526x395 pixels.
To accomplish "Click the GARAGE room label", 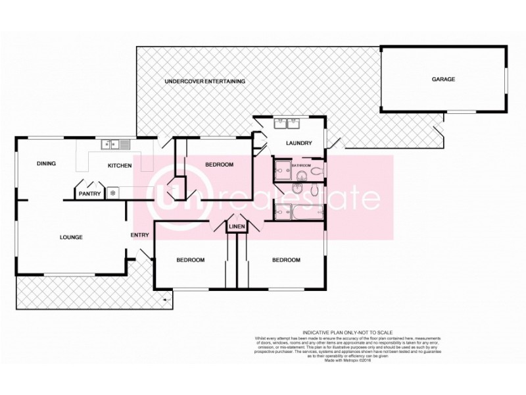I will (x=443, y=79).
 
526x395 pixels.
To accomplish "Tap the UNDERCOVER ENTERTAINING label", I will (x=204, y=81).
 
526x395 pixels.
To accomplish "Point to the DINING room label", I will (x=46, y=164).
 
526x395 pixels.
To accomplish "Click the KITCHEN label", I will (x=120, y=165).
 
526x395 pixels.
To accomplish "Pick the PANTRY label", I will (x=89, y=194).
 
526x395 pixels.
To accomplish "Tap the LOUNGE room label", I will (x=70, y=237).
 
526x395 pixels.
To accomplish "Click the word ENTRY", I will (x=140, y=235).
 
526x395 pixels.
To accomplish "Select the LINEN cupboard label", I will (x=237, y=227).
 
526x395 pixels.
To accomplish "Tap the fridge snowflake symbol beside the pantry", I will (x=112, y=193).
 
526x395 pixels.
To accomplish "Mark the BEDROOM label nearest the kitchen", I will (x=219, y=165).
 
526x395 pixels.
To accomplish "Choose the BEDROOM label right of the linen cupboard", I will (x=286, y=260).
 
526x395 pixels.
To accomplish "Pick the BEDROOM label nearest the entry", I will (x=191, y=260).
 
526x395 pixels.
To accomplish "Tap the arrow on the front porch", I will (x=164, y=300).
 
